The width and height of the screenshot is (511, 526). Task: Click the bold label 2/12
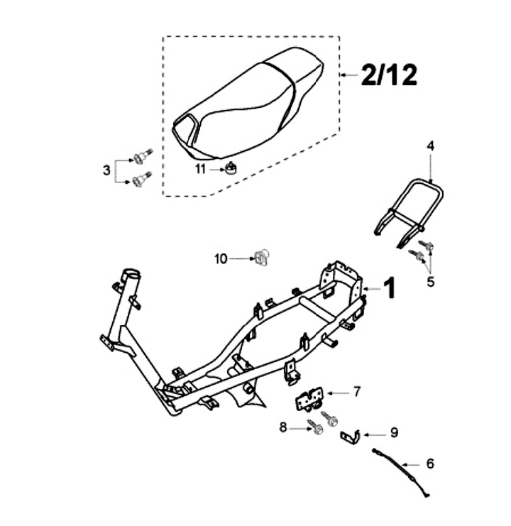tap(389, 75)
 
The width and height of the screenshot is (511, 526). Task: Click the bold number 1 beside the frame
tap(389, 288)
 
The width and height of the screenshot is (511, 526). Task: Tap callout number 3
tap(106, 170)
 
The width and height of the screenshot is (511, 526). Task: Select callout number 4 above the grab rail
tap(430, 146)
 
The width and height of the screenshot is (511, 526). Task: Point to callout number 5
tap(430, 282)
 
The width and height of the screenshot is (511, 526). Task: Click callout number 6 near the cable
tap(430, 464)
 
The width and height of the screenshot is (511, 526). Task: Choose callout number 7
tap(357, 391)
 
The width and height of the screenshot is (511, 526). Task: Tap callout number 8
tap(282, 427)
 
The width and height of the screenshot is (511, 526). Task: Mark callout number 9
tap(395, 432)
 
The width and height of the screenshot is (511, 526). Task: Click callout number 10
tap(221, 259)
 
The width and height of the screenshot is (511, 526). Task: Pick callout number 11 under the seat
tap(200, 169)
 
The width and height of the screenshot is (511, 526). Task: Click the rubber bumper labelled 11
tap(231, 168)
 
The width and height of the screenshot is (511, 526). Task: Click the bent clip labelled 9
tap(350, 435)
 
